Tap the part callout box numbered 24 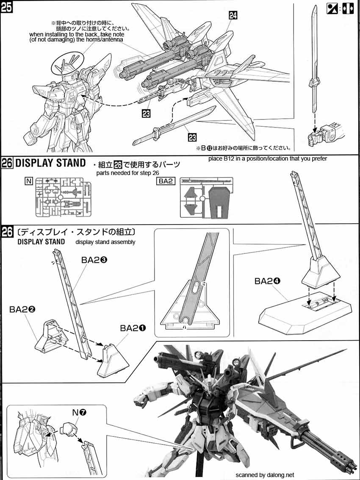[x=233, y=16]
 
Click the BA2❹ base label [x=267, y=281]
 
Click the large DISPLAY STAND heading [x=50, y=163]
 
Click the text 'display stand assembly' [x=105, y=242]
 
